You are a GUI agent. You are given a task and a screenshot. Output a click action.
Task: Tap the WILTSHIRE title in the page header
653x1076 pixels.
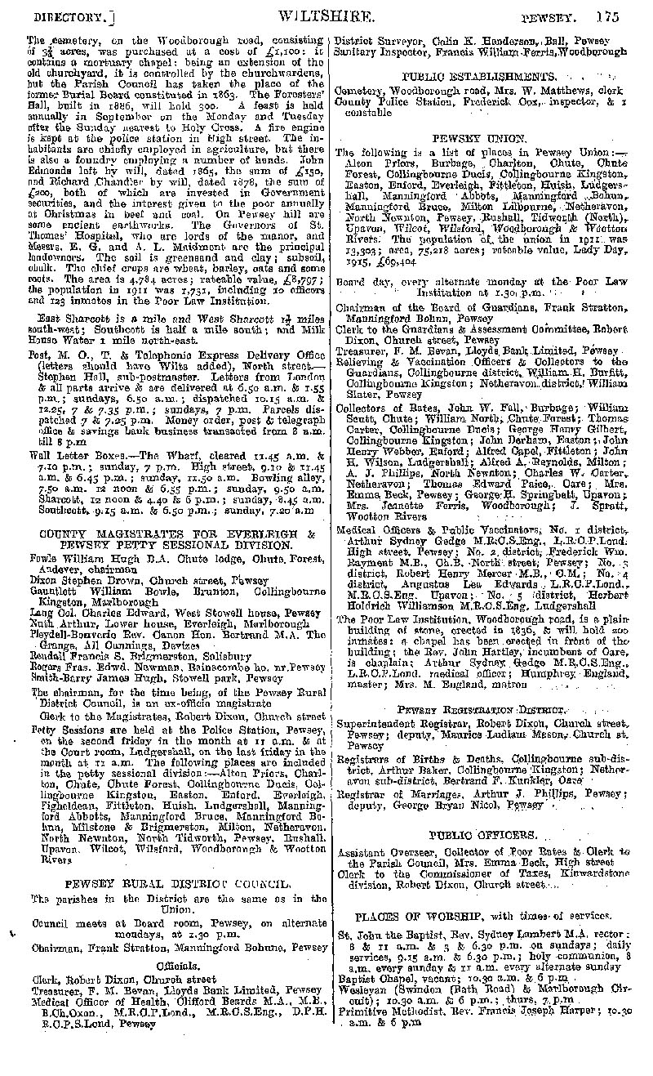[x=327, y=15]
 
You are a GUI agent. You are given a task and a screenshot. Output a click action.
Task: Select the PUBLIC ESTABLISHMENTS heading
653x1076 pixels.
[x=480, y=76]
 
